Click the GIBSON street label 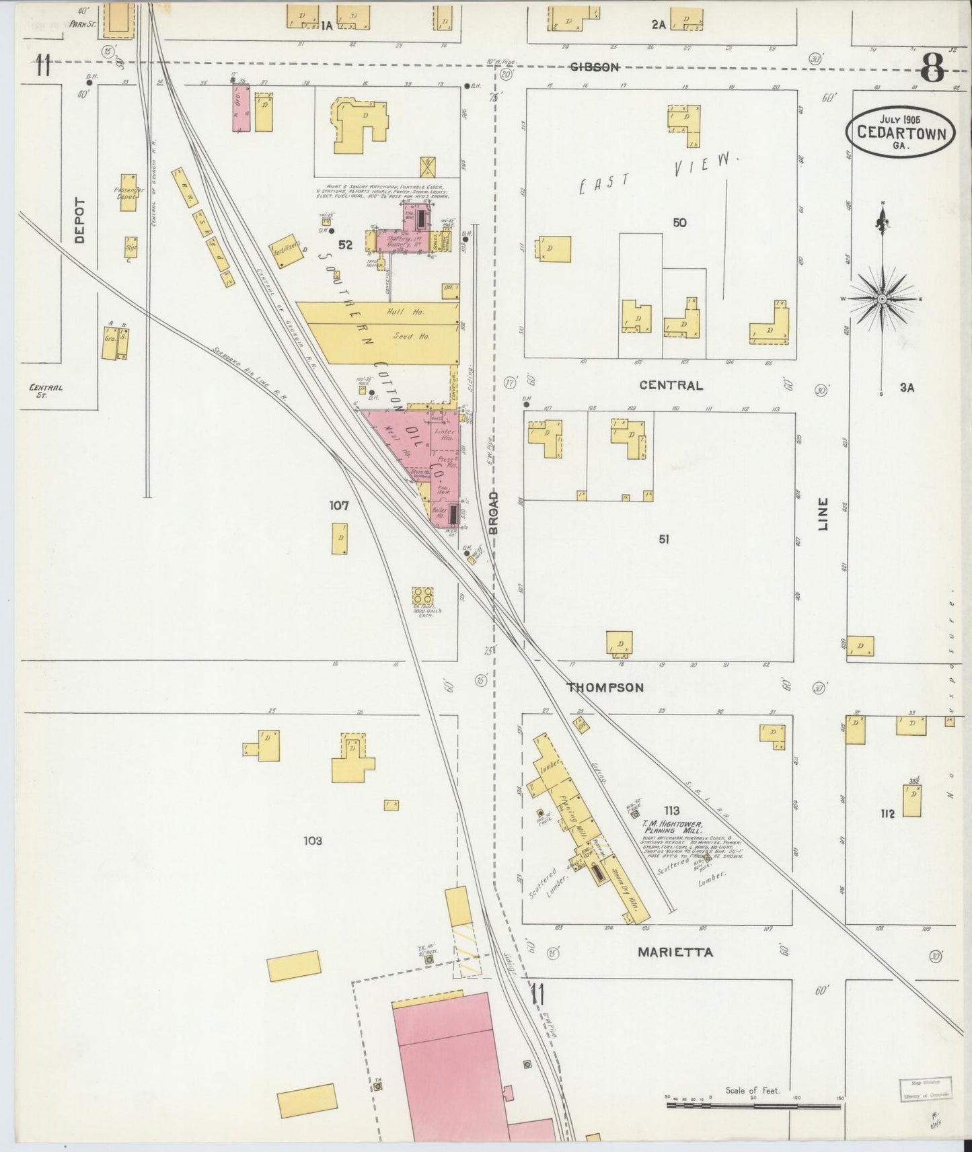click(x=595, y=67)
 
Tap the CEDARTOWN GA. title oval click(x=900, y=132)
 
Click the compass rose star click(x=882, y=298)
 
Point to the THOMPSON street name click(x=605, y=688)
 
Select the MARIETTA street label click(x=675, y=952)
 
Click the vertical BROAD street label click(x=494, y=512)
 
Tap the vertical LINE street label click(x=823, y=514)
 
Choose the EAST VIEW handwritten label click(x=655, y=172)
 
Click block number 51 click(x=664, y=539)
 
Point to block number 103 click(x=313, y=840)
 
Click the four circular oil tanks click(x=423, y=595)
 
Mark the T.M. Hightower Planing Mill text click(x=671, y=827)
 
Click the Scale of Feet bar click(x=753, y=1104)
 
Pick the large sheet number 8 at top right click(x=933, y=67)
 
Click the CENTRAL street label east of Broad click(x=671, y=385)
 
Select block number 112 click(x=887, y=814)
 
